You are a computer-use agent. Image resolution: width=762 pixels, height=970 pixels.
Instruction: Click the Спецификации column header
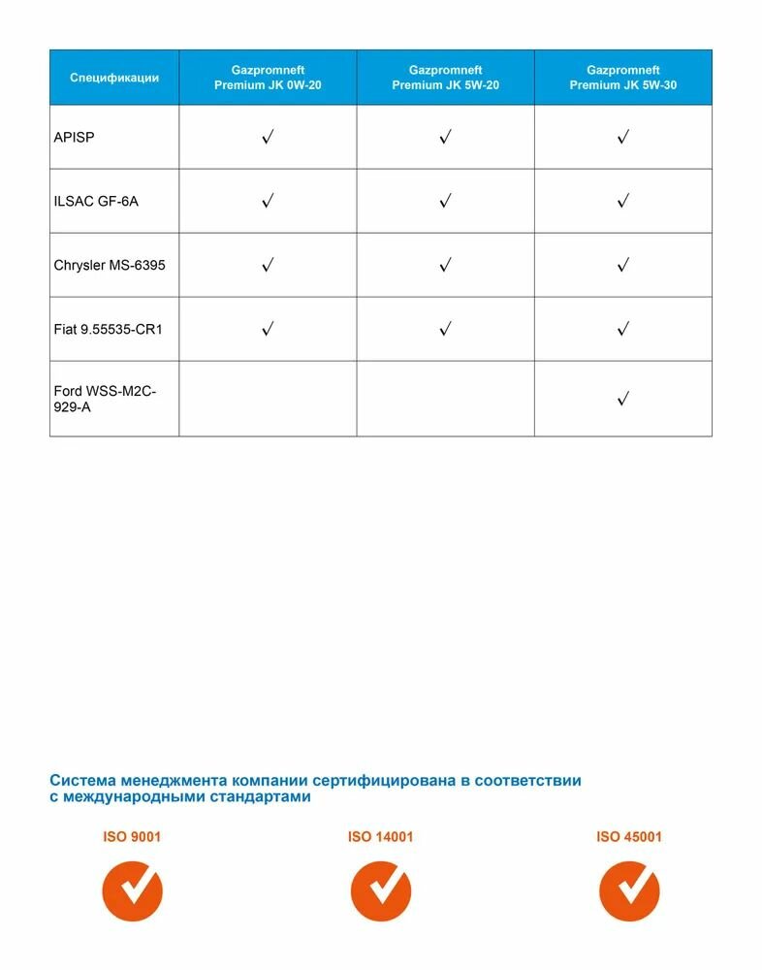point(114,78)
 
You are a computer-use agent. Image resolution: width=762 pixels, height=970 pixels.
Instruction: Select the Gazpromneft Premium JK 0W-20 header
point(268,78)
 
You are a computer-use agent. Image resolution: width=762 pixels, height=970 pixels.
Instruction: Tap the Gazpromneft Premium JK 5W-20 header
point(445,78)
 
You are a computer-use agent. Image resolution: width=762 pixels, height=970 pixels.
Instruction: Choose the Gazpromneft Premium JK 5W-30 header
point(623,78)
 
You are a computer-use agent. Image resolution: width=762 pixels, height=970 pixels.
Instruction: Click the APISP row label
point(74,138)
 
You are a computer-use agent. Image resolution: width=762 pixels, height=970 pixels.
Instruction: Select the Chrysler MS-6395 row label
point(110,265)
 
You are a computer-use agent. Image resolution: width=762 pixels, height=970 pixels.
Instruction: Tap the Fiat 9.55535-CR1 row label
point(108,329)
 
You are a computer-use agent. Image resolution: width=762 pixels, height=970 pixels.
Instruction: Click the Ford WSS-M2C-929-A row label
point(105,399)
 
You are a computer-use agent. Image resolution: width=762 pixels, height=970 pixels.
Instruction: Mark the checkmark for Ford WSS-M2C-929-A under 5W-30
point(623,399)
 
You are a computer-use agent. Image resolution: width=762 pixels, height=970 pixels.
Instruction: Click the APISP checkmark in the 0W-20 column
point(268,138)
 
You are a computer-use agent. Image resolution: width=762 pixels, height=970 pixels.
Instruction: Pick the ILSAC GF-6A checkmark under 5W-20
point(445,202)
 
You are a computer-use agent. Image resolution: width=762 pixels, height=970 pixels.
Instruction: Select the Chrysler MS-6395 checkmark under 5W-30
point(623,265)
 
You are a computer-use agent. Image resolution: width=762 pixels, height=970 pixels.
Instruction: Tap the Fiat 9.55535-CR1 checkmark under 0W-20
point(268,329)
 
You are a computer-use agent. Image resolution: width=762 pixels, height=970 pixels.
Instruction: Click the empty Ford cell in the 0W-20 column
point(268,399)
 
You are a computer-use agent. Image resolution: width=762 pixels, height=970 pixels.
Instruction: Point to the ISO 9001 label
point(132,836)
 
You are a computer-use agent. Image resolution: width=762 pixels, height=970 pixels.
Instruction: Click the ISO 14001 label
point(380,836)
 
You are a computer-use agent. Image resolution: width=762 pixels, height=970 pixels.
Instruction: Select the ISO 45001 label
point(629,836)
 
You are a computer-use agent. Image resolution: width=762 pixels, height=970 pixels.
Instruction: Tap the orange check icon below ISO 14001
point(380,891)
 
